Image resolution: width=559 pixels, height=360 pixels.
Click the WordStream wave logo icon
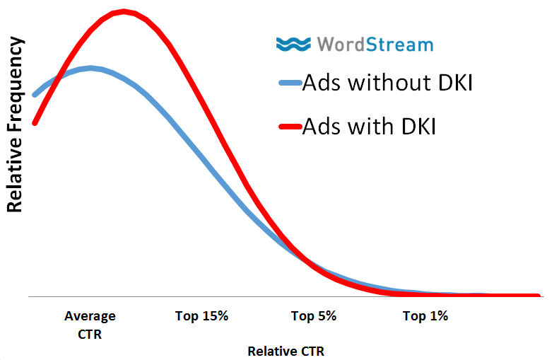[x=293, y=45]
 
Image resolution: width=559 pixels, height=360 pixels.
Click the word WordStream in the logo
[x=375, y=45]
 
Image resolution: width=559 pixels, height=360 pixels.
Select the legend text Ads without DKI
[x=387, y=83]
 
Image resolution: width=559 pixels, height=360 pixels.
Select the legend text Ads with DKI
[x=368, y=127]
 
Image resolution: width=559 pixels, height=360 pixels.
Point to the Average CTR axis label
[x=90, y=325]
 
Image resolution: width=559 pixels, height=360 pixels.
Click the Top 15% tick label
[x=201, y=316]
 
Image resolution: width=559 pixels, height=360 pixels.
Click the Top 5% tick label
[x=313, y=316]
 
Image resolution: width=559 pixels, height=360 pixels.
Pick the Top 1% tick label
[x=425, y=316]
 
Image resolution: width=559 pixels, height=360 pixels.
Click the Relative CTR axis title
[x=286, y=350]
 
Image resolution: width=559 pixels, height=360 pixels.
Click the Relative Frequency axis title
[x=15, y=125]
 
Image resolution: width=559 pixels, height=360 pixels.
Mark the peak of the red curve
[x=124, y=11]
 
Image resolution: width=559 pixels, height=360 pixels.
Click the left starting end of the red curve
[x=34, y=123]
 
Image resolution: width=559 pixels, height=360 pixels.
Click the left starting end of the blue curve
[x=34, y=94]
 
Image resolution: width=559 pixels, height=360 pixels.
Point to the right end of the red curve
[x=539, y=296]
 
